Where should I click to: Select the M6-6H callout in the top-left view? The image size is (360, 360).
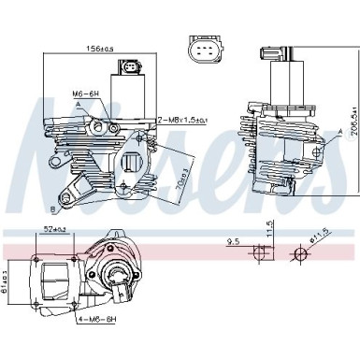click(x=86, y=94)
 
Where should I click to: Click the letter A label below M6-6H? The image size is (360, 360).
click(x=92, y=106)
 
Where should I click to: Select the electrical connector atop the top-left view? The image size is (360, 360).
click(x=128, y=66)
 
